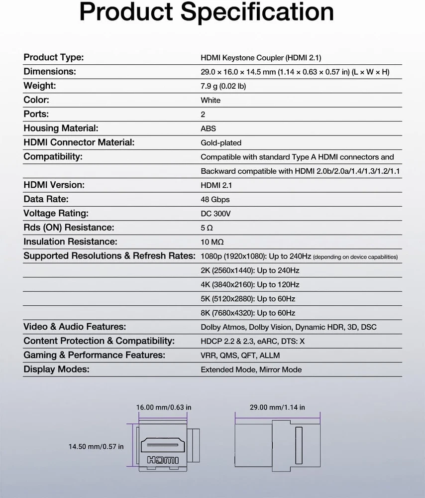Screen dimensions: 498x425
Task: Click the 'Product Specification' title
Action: (x=207, y=12)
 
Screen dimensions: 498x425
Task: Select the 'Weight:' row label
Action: (x=40, y=86)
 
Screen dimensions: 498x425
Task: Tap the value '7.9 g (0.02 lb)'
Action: (x=223, y=86)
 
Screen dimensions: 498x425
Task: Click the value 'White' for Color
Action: (x=211, y=100)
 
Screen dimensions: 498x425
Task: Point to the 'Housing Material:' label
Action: (x=61, y=128)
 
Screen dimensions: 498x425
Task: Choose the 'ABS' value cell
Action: (x=208, y=128)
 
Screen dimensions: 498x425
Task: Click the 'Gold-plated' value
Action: (x=221, y=143)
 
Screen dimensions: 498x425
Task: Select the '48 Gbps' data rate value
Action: (x=215, y=200)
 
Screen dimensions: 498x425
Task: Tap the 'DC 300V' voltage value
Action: (x=215, y=214)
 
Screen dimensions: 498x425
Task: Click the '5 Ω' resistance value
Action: (x=207, y=228)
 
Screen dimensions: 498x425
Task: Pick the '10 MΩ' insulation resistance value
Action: (x=212, y=242)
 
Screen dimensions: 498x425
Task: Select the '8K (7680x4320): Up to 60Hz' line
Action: (x=248, y=313)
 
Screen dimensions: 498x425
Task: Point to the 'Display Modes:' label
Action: (x=56, y=369)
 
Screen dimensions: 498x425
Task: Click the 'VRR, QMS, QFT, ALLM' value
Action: (x=240, y=356)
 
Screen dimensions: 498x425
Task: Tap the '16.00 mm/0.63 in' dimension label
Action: (x=164, y=407)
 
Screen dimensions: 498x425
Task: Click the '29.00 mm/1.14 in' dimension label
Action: (x=277, y=407)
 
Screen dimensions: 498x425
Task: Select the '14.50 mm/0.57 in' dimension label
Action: (x=96, y=447)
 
